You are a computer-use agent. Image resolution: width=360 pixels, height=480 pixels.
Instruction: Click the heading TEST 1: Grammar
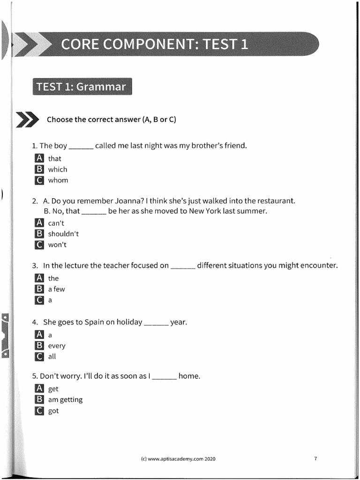pos(82,87)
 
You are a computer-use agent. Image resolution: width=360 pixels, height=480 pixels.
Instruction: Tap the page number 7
pos(315,458)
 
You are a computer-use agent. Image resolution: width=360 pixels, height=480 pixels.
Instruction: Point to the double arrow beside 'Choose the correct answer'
pos(28,120)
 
